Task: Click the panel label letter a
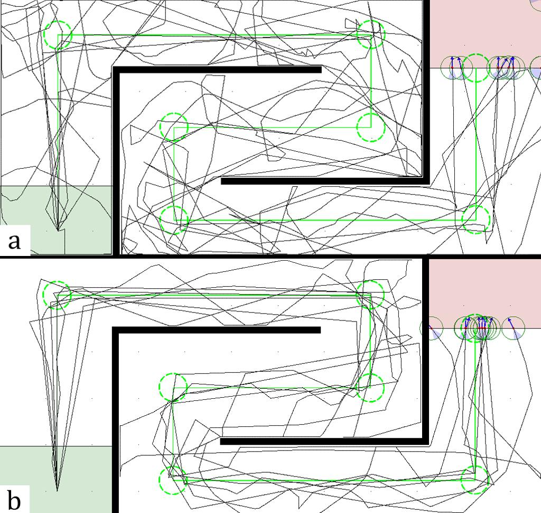[x=14, y=241]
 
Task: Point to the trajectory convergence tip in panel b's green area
[x=57, y=491]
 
